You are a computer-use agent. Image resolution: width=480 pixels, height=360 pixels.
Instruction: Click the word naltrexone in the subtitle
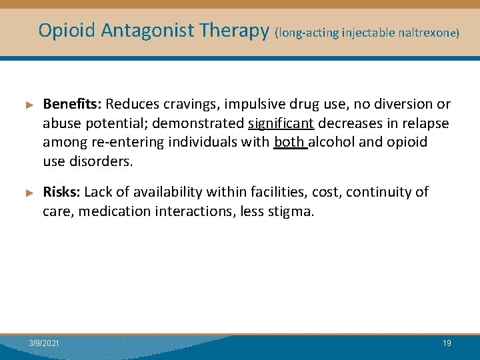(x=427, y=32)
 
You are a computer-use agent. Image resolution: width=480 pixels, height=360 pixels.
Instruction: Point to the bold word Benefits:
(x=72, y=104)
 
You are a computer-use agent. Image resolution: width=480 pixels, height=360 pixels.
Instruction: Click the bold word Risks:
(x=61, y=192)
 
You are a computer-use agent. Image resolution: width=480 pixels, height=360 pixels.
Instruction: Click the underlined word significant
(x=281, y=123)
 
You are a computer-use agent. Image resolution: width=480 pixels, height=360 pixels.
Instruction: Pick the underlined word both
(x=289, y=142)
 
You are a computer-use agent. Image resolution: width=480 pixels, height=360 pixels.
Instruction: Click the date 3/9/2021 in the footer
(x=44, y=343)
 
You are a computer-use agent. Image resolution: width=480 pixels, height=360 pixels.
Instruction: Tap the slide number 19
(x=447, y=343)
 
